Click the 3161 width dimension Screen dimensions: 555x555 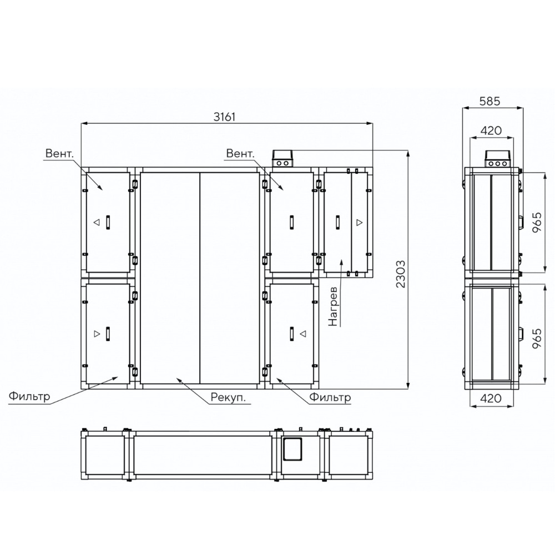click(x=224, y=117)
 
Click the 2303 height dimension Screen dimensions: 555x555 click(x=400, y=274)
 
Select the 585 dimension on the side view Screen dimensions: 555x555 click(x=490, y=101)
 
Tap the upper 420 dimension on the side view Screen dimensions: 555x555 click(x=491, y=130)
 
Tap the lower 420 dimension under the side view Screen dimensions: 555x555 click(x=491, y=398)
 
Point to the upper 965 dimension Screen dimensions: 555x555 click(x=537, y=222)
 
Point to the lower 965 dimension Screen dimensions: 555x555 click(x=537, y=339)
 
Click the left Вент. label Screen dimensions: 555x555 click(x=59, y=153)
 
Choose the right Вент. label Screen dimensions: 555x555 click(x=240, y=153)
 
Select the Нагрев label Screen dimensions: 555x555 click(x=333, y=306)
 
